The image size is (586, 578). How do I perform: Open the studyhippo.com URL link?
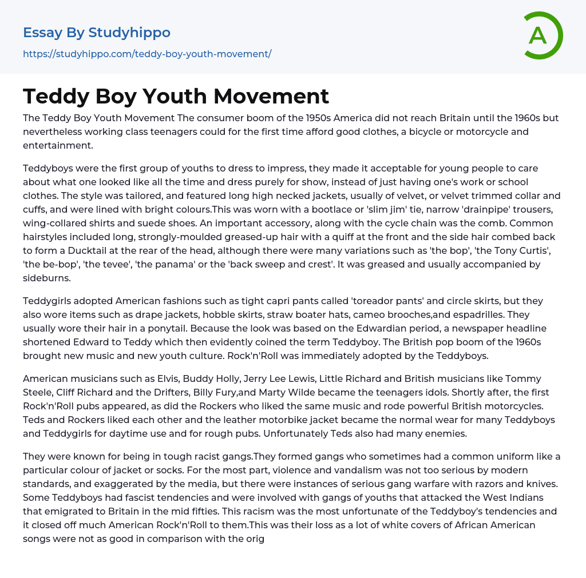[147, 54]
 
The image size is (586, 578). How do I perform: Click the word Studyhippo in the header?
[129, 33]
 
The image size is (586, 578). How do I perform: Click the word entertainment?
[57, 145]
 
